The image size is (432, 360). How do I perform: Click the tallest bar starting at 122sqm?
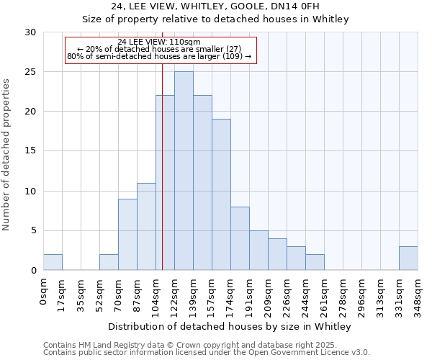[184, 171]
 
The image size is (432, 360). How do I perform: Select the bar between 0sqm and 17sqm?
[53, 262]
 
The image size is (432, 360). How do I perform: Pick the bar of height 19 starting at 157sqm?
[221, 194]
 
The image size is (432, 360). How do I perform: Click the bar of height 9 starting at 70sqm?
[127, 234]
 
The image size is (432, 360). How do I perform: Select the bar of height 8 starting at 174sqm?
[240, 238]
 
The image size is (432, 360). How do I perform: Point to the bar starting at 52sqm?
[109, 262]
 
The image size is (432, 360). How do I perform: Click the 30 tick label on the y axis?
[30, 32]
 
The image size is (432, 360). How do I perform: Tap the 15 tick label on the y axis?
[30, 151]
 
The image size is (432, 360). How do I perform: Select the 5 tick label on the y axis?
[32, 230]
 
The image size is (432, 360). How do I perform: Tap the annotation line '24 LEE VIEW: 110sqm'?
[159, 42]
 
